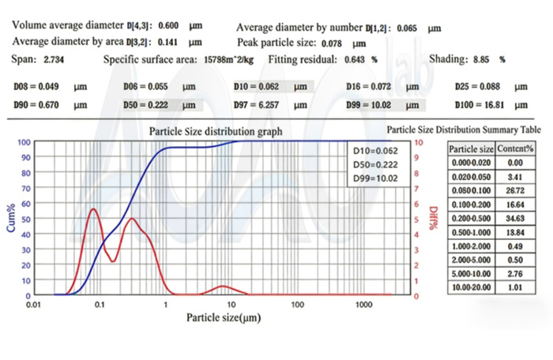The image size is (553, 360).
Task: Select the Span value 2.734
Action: [55, 60]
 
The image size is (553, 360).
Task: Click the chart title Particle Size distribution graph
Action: [215, 132]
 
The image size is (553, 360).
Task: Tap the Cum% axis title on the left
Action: [12, 218]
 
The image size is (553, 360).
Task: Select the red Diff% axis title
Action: [433, 218]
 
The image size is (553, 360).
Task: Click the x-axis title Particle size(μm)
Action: [224, 317]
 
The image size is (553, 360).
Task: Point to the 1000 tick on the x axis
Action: [363, 303]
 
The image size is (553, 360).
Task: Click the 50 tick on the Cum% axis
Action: [24, 219]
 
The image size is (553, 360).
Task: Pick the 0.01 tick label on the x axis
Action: [33, 303]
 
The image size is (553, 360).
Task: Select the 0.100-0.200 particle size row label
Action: [471, 203]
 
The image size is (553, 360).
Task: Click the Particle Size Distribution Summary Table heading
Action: [464, 130]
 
